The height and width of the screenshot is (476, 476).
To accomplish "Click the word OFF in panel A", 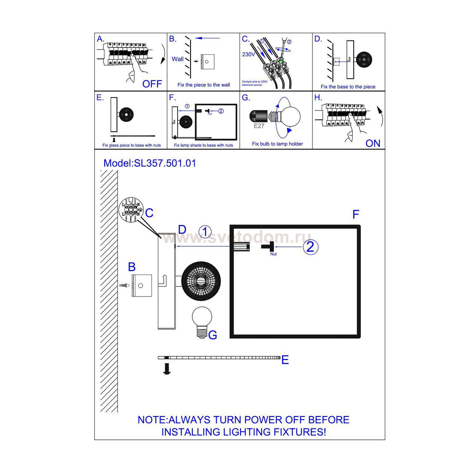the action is [x=152, y=84].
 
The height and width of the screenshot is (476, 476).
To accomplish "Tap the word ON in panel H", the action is [x=373, y=143].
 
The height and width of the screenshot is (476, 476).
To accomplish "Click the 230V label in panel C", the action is [x=248, y=54].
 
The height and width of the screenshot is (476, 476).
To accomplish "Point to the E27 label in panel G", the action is [x=259, y=126].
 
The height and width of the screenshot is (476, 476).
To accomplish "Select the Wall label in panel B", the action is [x=178, y=59].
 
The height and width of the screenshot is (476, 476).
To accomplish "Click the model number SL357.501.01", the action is [x=165, y=163].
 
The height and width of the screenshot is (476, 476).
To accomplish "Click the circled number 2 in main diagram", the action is [x=310, y=247].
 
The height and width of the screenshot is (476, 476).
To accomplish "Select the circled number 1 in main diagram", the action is [x=205, y=232].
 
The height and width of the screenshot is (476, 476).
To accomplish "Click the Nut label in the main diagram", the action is [x=273, y=254].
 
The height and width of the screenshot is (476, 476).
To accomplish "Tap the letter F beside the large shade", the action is [x=356, y=215].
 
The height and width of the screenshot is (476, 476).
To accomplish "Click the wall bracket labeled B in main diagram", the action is [x=142, y=286].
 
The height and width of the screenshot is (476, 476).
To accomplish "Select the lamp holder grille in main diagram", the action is [x=201, y=281].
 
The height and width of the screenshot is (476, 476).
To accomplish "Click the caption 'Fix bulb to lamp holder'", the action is [x=277, y=144].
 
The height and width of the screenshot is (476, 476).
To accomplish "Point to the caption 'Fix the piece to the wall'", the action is [x=204, y=85].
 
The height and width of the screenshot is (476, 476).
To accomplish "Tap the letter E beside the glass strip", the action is [x=285, y=360].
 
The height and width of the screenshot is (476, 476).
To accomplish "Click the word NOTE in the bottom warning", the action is [x=152, y=420].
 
